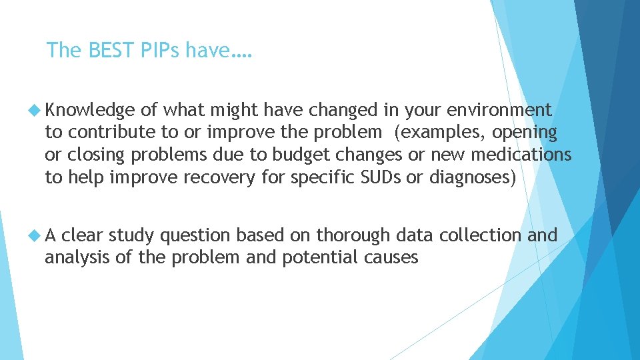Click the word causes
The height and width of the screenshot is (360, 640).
point(392,258)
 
